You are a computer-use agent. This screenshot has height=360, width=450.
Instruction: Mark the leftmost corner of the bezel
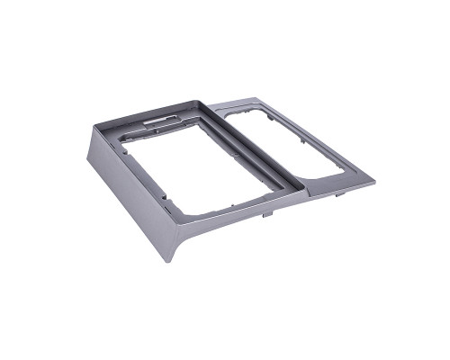tap(87, 160)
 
